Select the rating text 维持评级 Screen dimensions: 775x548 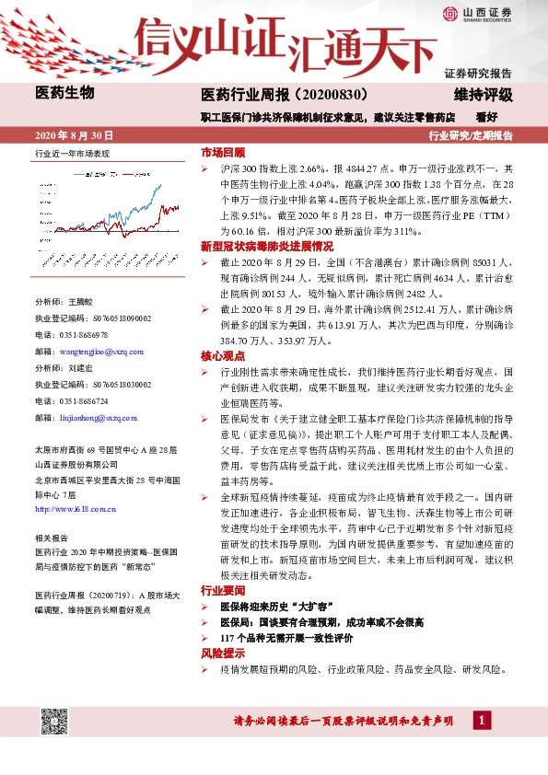484,94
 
